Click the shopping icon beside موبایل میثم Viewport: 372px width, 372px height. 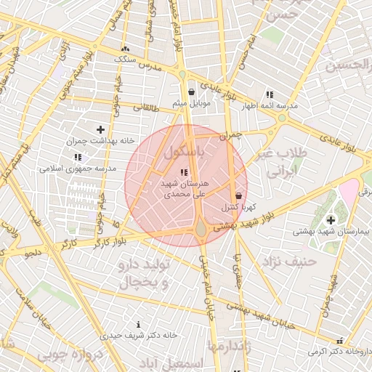191,92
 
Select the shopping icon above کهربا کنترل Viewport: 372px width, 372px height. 239,195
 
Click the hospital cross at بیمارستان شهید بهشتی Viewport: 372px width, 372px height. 331,219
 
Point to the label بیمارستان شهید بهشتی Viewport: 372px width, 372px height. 331,232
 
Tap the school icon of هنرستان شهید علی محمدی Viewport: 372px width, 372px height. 183,172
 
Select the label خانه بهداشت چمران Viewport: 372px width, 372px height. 102,141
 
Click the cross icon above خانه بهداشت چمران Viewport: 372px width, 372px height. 100,129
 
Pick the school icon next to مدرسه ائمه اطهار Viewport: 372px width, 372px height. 270,94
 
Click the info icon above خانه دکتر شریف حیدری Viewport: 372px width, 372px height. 138,324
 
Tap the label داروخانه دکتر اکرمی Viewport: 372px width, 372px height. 339,352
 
